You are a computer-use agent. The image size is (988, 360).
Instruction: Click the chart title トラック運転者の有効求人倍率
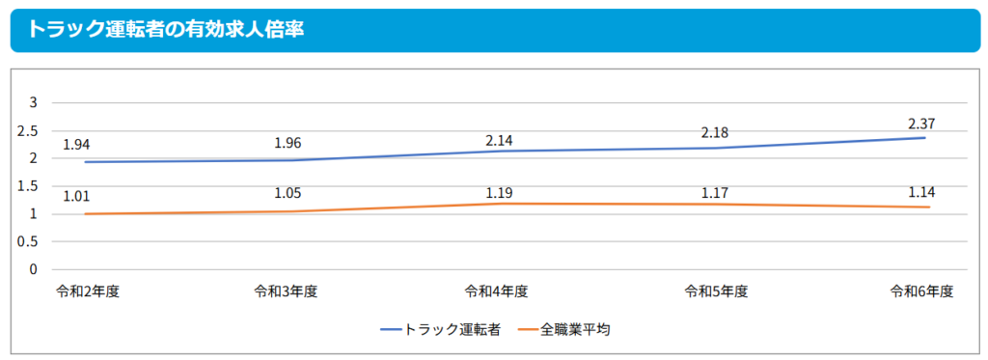coord(166,29)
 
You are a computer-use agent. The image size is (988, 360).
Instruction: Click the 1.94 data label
coord(76,145)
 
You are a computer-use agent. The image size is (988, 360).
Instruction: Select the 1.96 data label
coord(288,144)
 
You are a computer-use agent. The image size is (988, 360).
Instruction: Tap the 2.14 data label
coord(500,140)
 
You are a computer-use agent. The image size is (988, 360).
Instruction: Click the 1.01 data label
coord(76,197)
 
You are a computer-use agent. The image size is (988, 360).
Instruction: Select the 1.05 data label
coord(288,193)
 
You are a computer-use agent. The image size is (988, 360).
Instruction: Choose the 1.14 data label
coord(922,191)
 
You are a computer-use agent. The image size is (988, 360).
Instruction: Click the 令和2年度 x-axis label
coord(88,291)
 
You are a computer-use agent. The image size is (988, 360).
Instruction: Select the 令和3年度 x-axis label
coord(286,291)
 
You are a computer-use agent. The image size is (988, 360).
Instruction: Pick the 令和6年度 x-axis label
coord(921,291)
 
